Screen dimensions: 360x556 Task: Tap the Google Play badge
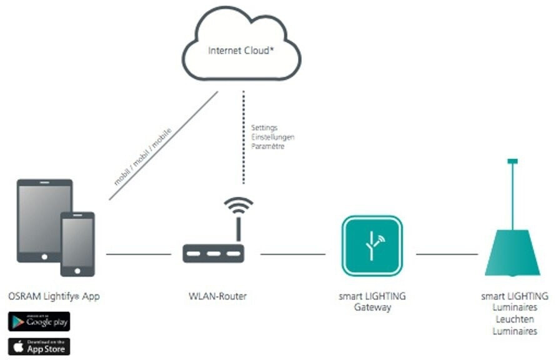[39, 321]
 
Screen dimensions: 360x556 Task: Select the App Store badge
[39, 346]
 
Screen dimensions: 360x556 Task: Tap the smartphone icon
[77, 244]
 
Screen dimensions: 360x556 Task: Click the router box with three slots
[213, 253]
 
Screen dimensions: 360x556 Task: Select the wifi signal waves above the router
[238, 206]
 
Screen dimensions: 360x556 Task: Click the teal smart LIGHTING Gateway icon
[372, 246]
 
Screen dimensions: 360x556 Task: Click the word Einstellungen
[272, 137]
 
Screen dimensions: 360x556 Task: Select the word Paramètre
[267, 146]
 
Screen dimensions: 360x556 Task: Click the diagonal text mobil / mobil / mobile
[142, 156]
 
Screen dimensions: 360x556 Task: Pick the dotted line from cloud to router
[243, 137]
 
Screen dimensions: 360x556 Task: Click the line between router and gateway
[292, 254]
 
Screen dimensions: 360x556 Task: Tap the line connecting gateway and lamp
[447, 254]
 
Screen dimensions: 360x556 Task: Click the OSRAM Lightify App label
[54, 296]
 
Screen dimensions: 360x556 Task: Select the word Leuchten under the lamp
[514, 319]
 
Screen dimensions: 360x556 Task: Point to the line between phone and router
[138, 254]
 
